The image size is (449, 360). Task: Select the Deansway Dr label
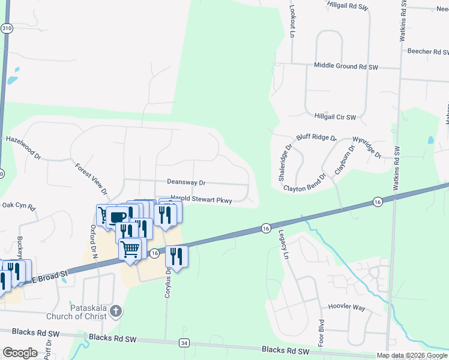186,182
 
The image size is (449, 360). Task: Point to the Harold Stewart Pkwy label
201,199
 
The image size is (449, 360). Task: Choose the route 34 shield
184,343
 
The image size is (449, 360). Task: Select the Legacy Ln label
282,242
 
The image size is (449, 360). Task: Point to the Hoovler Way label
346,307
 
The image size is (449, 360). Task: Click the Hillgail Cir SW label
335,116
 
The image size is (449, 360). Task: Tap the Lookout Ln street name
292,23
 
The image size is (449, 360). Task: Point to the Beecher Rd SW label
428,52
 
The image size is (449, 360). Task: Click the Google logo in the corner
20,352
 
